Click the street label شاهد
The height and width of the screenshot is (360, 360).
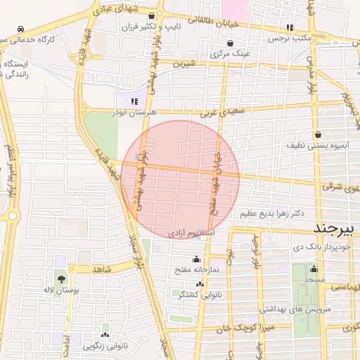click(102, 268)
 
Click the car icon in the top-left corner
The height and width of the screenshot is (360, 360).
click(22, 30)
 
